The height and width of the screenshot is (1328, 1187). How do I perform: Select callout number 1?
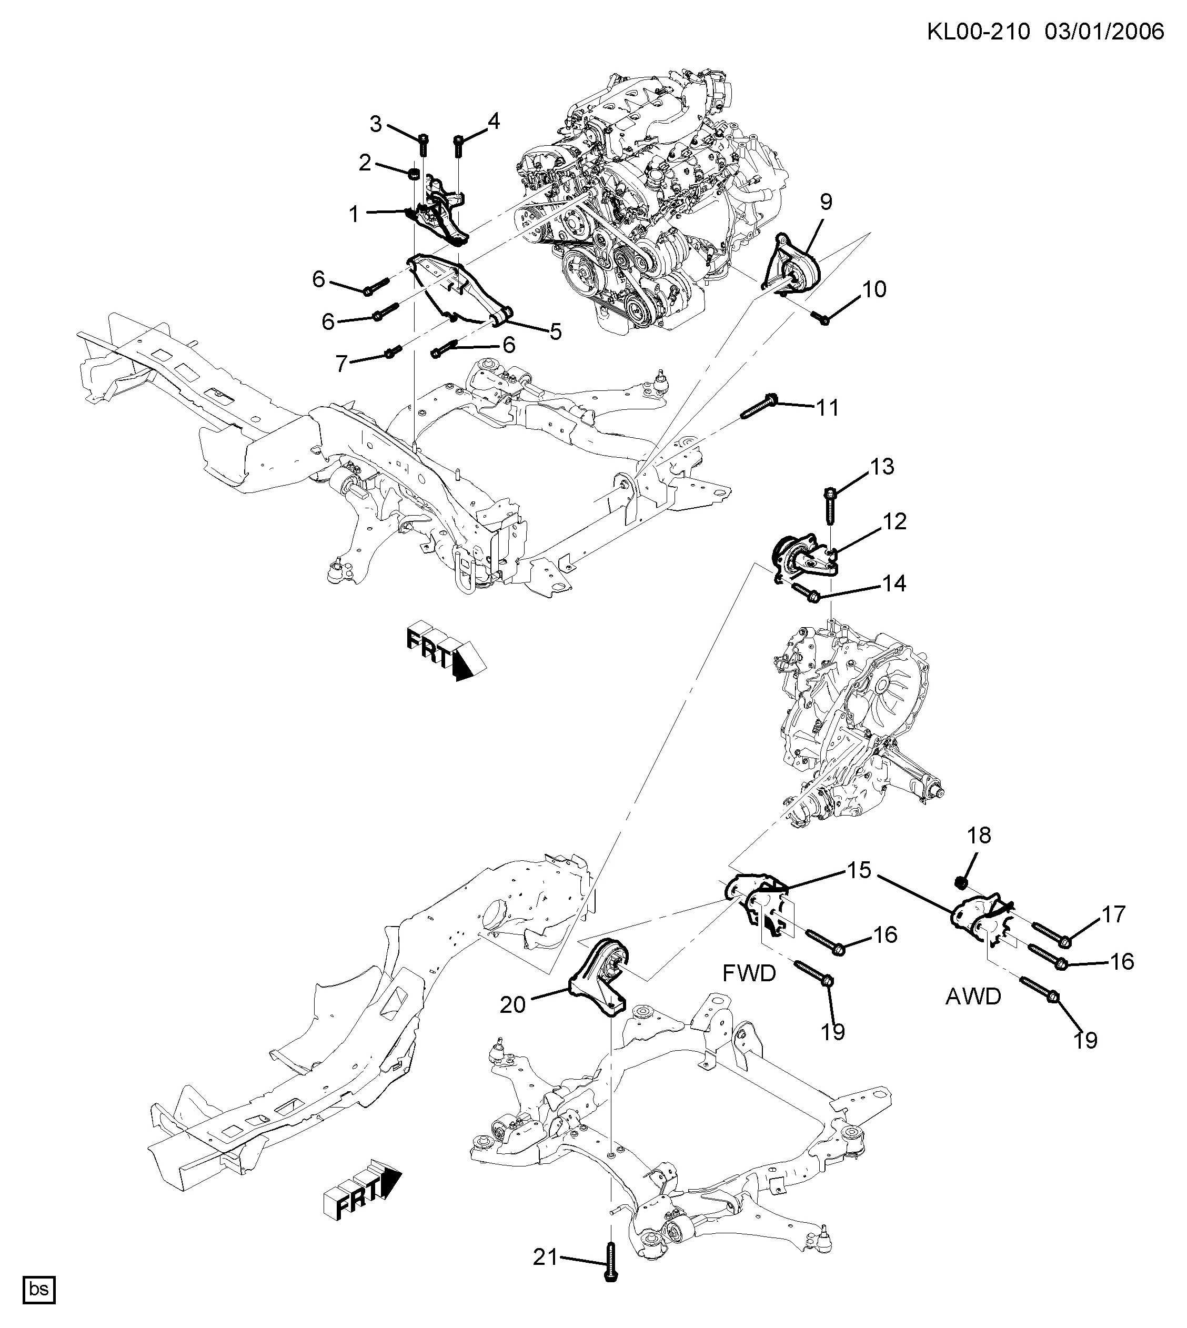click(x=354, y=214)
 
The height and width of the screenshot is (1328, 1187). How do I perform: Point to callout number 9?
click(x=826, y=202)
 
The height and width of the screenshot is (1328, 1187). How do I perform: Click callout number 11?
click(x=828, y=408)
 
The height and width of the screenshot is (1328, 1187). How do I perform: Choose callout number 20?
click(x=512, y=1004)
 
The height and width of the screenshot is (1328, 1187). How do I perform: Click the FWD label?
click(x=749, y=974)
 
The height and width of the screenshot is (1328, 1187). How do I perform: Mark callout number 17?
click(x=1114, y=914)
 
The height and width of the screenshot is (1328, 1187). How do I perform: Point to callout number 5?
click(x=555, y=331)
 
